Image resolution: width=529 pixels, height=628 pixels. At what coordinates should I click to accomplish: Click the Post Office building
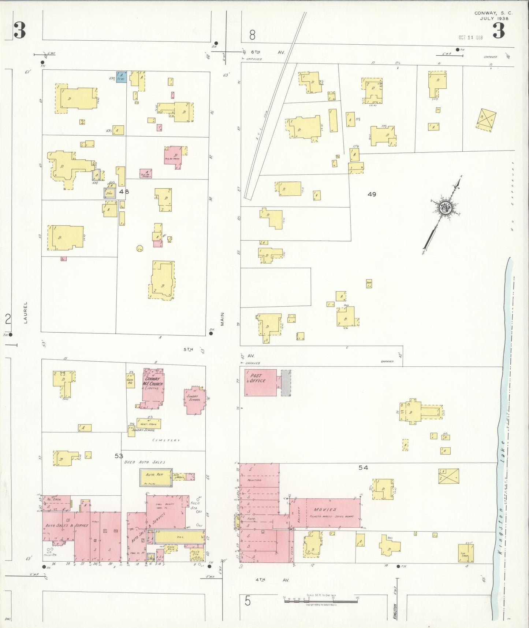pos(260,382)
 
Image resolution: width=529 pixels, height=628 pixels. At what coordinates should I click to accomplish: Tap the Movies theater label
pos(325,510)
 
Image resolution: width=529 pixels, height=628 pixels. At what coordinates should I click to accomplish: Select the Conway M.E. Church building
pos(153,388)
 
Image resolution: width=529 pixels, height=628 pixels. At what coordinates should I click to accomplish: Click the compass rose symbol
pos(446,208)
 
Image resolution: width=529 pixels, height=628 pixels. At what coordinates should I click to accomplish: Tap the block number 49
pos(372,194)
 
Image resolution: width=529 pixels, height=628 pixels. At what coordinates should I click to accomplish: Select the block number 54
pos(363,468)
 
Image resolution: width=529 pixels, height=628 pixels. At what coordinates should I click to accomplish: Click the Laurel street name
pos(26,313)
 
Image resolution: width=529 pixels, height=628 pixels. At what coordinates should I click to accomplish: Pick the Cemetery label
pos(166,440)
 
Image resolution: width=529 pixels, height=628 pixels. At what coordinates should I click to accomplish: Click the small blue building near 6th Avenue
pos(121,77)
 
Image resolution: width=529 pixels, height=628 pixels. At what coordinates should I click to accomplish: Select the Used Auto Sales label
pos(145,462)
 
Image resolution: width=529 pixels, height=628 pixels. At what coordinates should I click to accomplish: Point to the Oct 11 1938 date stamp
pos(470,37)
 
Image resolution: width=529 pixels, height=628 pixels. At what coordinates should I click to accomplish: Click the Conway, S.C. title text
pos(493,13)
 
